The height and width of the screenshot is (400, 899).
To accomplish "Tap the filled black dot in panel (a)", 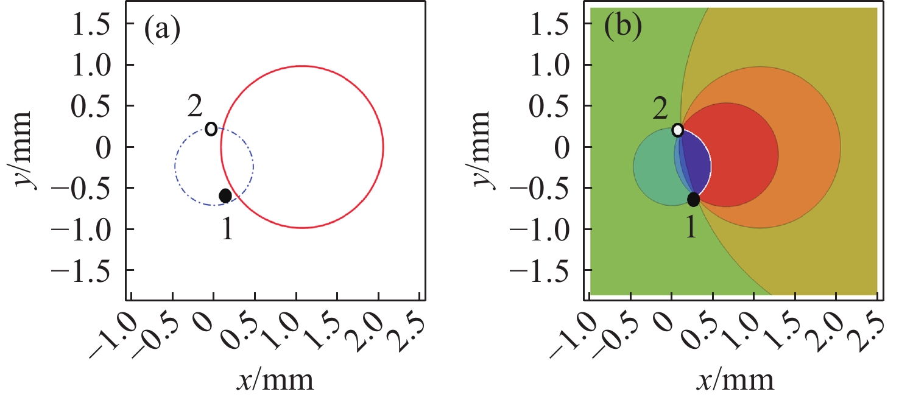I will coord(225,195).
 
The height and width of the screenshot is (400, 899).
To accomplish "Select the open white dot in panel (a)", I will coord(211,128).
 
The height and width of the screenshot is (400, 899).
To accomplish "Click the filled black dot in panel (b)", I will coord(693,199).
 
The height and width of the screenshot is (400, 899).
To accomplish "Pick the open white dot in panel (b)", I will coord(677,130).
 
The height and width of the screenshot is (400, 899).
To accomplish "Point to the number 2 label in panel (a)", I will coord(195,109).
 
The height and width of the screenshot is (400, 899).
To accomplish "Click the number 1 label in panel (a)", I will coord(227,231).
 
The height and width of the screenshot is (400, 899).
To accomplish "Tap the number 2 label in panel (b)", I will coord(660,108).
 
